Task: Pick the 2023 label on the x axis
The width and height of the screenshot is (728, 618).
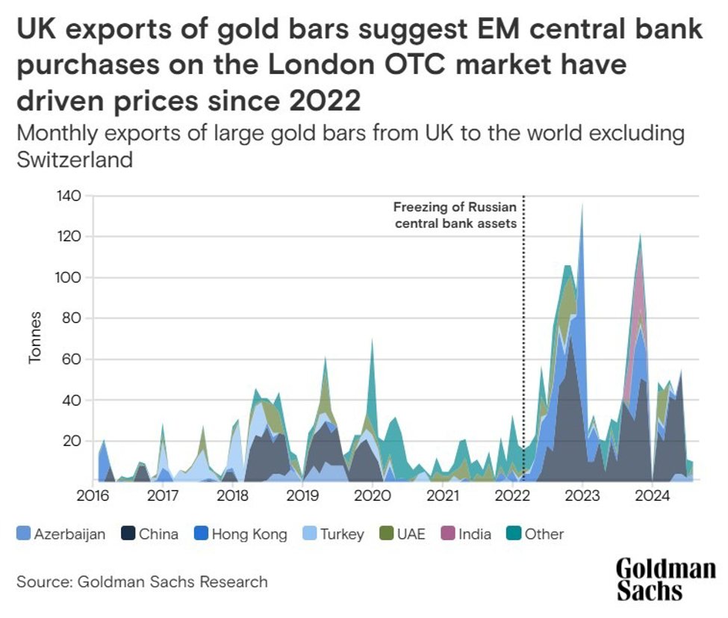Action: tap(582, 495)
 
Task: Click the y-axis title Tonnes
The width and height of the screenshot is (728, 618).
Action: tap(35, 339)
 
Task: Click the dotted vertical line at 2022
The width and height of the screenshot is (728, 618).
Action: tap(523, 336)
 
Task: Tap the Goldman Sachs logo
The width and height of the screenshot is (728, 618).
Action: tap(665, 579)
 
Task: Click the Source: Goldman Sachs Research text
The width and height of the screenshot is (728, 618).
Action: tap(141, 581)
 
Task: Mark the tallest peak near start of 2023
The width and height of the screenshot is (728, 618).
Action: tap(582, 206)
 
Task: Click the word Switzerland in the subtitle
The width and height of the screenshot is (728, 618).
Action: tap(74, 159)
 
